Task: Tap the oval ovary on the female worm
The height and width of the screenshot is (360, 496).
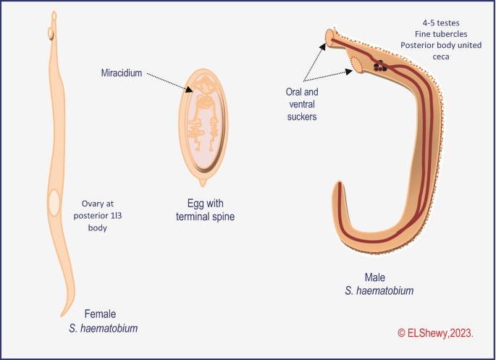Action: point(54,202)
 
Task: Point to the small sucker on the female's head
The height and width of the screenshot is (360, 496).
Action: point(51,33)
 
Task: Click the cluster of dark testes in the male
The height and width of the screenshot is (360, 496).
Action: point(379,67)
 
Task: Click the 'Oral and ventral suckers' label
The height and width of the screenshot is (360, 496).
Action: point(302,104)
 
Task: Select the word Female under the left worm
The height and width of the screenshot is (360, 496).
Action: point(101,314)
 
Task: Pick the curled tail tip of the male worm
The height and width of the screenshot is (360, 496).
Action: point(339,190)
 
